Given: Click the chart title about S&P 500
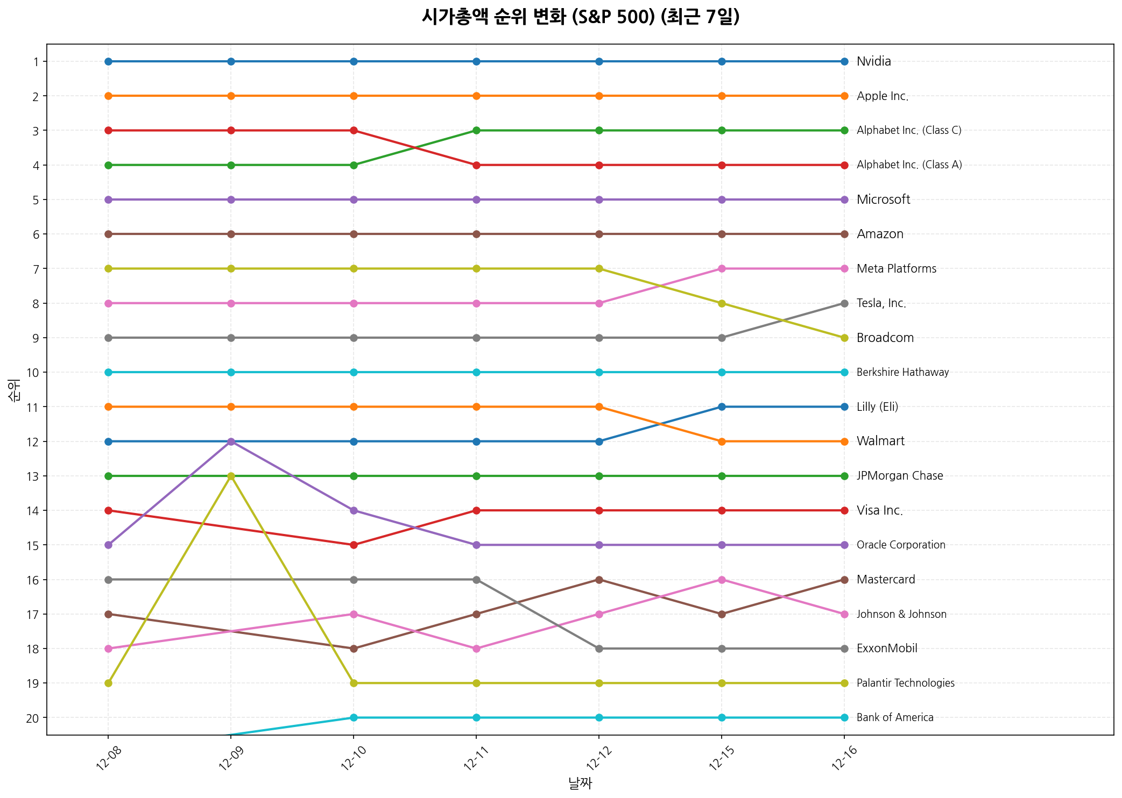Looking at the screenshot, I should [580, 17].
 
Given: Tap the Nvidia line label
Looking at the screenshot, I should [873, 61].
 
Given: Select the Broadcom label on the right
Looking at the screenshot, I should [885, 338].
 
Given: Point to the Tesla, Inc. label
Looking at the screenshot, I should [881, 303].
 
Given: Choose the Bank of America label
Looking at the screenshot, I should [894, 717].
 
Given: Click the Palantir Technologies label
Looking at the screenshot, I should [905, 683].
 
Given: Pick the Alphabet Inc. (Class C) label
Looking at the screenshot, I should [908, 130].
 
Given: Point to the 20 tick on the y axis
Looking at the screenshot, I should [33, 718].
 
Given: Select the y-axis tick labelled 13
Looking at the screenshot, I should [33, 476].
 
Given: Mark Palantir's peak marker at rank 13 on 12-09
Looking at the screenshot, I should [231, 476].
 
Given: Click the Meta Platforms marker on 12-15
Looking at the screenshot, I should [722, 268].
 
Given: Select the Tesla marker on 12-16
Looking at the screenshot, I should [844, 303].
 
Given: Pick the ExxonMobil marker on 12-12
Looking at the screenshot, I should [599, 649].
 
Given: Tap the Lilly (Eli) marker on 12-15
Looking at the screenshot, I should [722, 407].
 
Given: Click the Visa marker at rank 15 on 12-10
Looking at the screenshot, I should [354, 545].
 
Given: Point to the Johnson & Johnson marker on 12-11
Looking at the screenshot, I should [476, 649].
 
